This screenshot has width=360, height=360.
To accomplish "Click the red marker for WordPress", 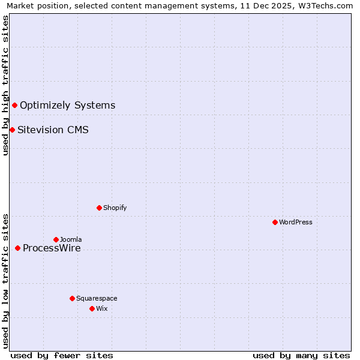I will click(x=275, y=222).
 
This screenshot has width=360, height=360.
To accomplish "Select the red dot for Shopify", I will click(x=99, y=208).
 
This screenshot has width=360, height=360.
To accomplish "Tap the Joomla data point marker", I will click(x=56, y=239).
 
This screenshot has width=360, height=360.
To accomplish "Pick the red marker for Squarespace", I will click(x=72, y=298).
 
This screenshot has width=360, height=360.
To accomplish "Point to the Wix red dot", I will click(x=92, y=308).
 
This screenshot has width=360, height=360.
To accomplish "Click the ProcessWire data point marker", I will click(x=17, y=248).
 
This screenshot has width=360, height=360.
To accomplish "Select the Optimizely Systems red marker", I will click(x=14, y=106).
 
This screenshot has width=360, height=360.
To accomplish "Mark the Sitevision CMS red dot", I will click(x=12, y=130).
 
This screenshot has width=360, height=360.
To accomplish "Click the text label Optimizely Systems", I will click(x=67, y=106).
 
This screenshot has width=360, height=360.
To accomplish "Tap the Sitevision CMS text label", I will click(x=53, y=130).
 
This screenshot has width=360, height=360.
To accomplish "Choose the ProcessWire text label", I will click(x=52, y=248).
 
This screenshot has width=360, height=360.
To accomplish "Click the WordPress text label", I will click(x=296, y=222).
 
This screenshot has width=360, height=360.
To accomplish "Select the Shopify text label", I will click(x=115, y=208).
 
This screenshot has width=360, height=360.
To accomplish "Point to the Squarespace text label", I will click(x=97, y=298).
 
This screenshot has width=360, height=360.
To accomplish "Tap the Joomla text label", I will click(x=71, y=239).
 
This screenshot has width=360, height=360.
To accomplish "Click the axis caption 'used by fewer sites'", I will click(x=62, y=355).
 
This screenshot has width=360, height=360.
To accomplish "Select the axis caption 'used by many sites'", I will click(x=301, y=355).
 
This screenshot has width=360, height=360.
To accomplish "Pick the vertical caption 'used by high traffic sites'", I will click(x=5, y=85).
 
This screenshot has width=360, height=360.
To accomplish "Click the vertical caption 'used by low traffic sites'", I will click(x=5, y=280).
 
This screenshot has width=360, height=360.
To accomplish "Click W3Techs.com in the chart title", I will click(x=328, y=5).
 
